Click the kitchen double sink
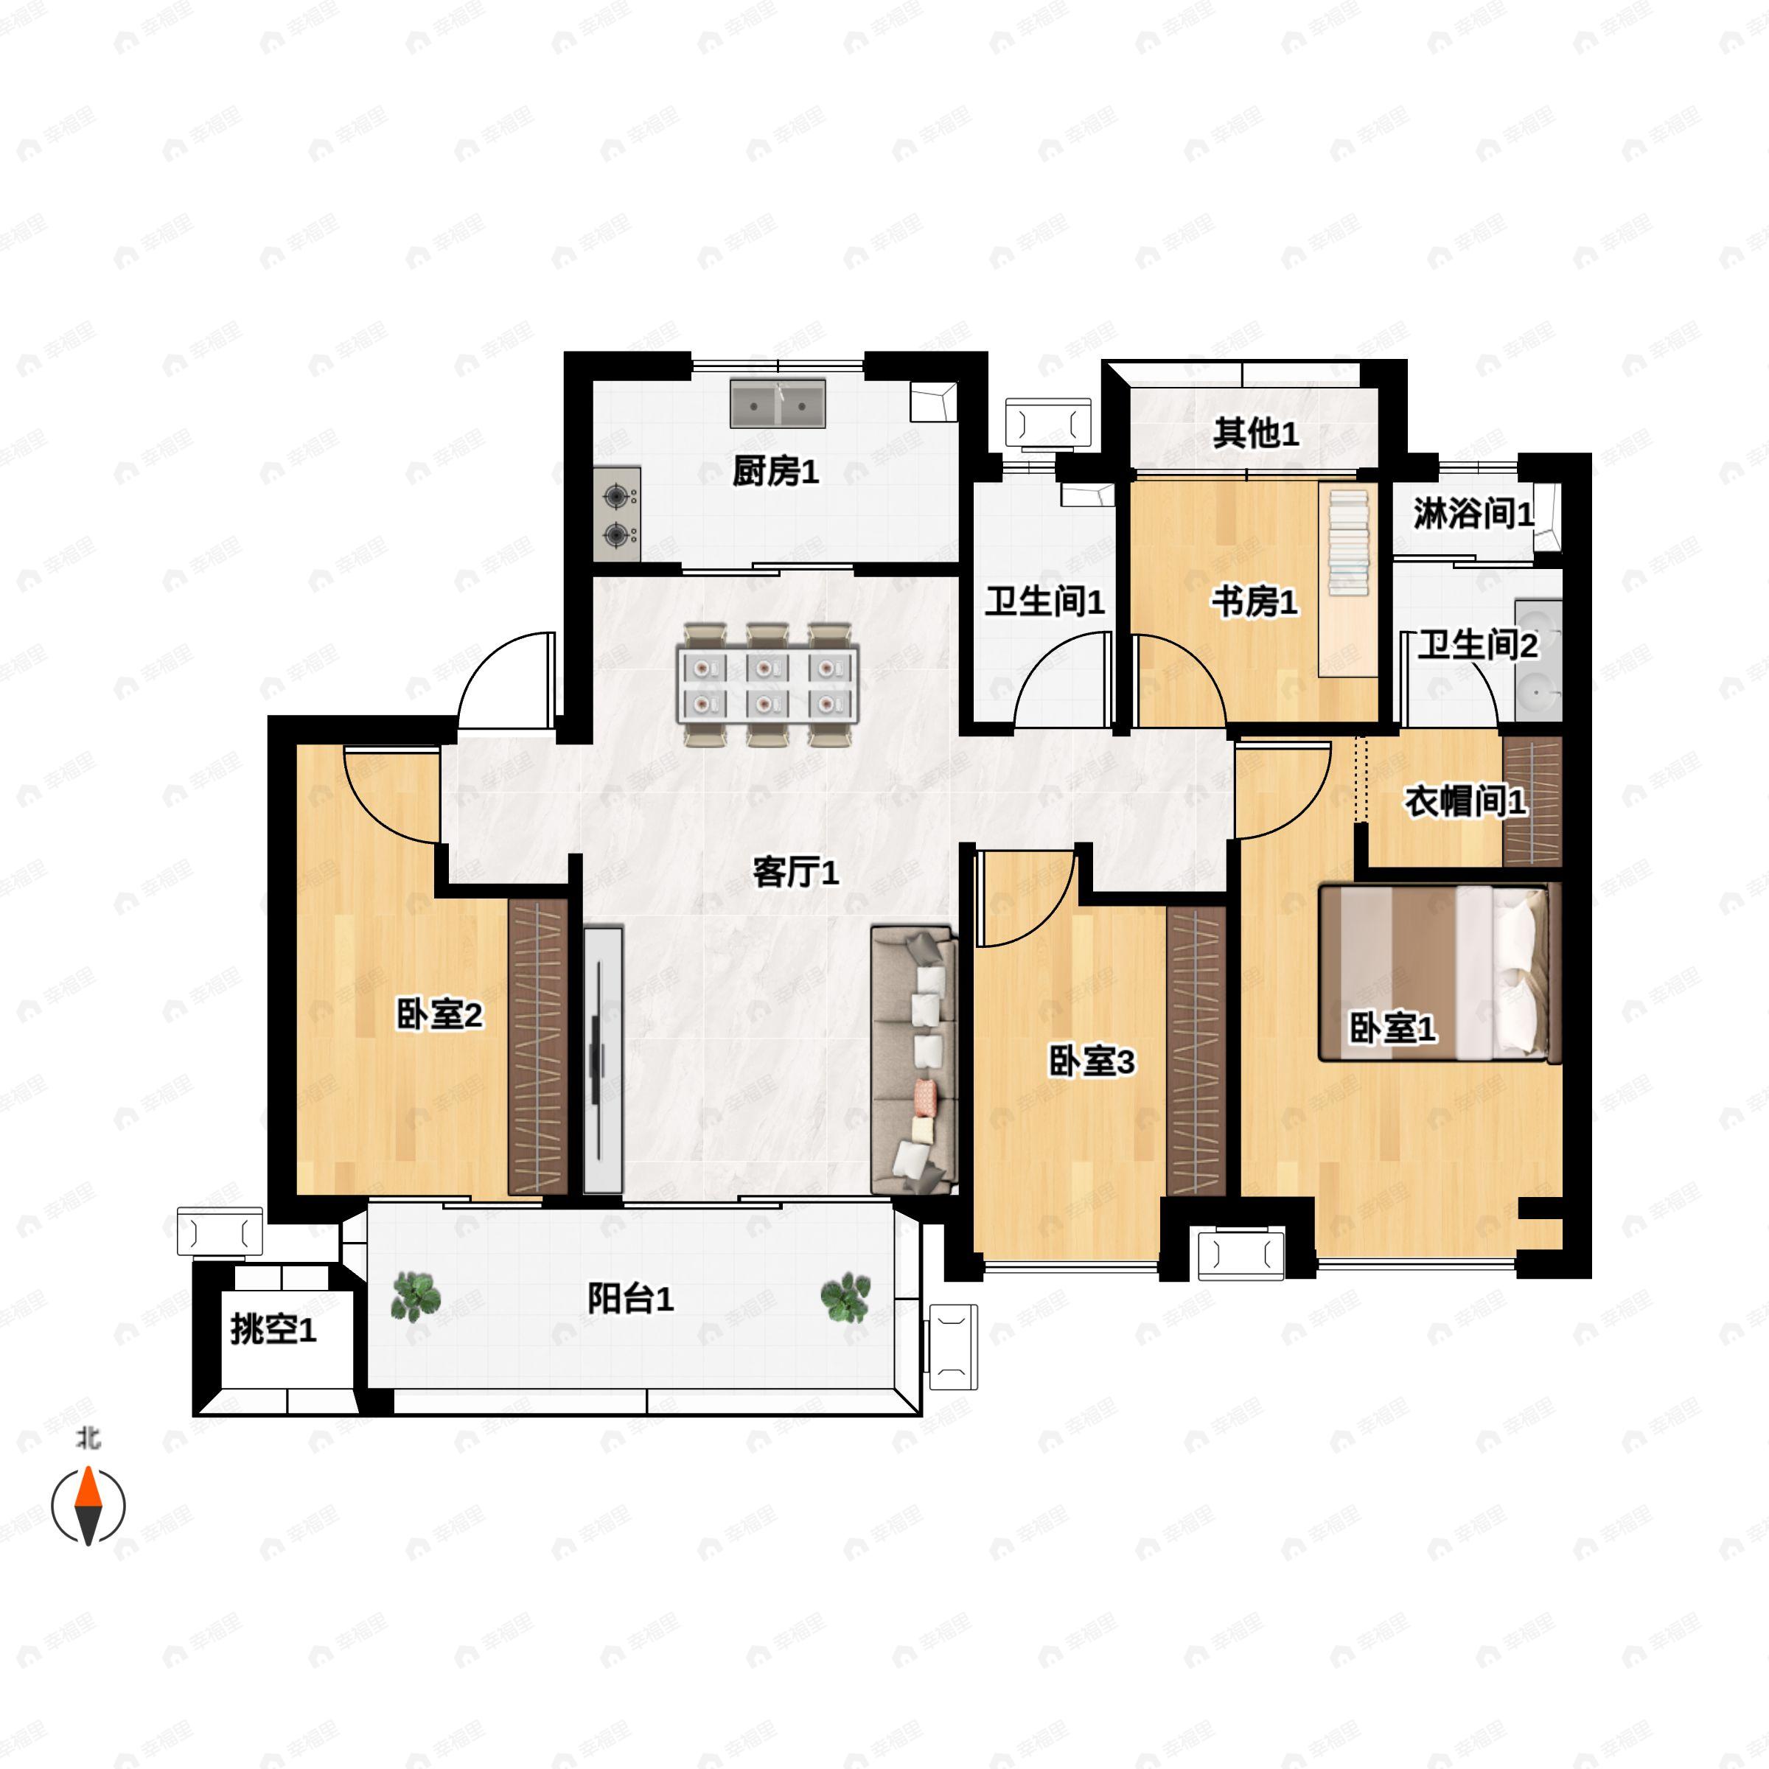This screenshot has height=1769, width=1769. (x=778, y=403)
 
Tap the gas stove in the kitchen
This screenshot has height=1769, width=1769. (x=616, y=514)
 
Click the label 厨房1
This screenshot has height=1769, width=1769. (x=775, y=472)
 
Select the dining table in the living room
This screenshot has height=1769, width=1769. (x=767, y=685)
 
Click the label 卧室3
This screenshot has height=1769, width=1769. (x=1092, y=1062)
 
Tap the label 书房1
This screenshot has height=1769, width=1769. (x=1255, y=602)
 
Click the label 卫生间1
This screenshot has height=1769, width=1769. (x=1044, y=601)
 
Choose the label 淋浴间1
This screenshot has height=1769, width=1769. (x=1473, y=513)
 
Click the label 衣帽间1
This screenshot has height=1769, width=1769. (x=1465, y=801)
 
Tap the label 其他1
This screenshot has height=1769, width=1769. (x=1255, y=433)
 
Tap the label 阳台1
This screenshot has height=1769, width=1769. (x=630, y=1298)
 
